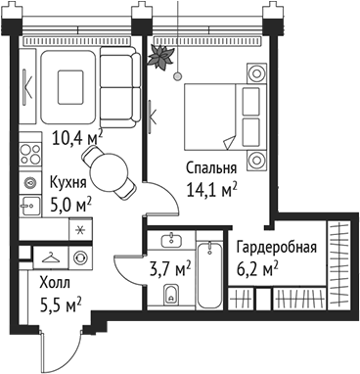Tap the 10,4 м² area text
point(77,139)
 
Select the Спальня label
point(211,167)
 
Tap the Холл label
point(55,284)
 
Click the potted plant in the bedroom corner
point(158,57)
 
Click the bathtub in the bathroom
point(208,269)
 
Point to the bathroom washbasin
point(172,240)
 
